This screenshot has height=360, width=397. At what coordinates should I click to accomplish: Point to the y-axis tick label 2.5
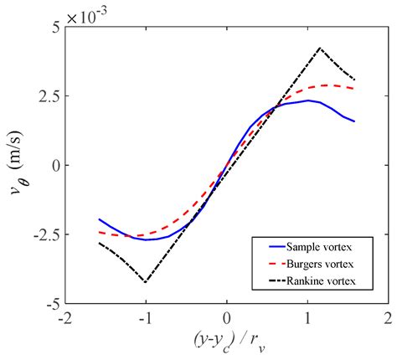(47, 95)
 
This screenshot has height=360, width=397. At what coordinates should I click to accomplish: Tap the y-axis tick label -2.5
(44, 234)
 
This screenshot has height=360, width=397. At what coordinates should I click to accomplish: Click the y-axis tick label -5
(51, 303)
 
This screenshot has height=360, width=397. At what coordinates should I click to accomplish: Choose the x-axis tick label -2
(64, 319)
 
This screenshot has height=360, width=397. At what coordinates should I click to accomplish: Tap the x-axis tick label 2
(387, 319)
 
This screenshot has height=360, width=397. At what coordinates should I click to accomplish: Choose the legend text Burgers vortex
(329, 263)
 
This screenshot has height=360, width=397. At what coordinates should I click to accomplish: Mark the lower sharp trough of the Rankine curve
(146, 282)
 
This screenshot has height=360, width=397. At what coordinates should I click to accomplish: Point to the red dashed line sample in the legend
(270, 263)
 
